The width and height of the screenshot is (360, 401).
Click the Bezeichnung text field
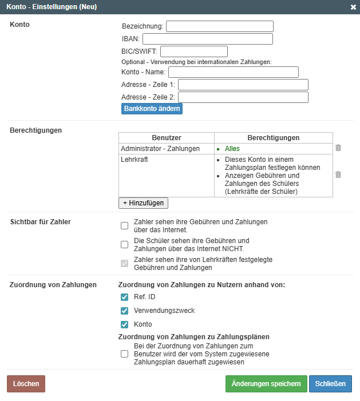pos(219,26)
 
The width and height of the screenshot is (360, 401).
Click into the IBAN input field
pos(207,39)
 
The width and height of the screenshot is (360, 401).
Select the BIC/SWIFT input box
pos(193,51)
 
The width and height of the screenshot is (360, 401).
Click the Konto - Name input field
pos(233,72)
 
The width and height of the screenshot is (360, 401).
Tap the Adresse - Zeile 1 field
pos(243,85)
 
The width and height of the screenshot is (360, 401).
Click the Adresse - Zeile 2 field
pos(243,97)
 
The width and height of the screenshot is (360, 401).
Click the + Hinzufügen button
pos(143,203)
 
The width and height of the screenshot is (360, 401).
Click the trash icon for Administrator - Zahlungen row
pos(338,148)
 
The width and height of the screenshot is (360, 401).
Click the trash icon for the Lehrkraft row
pos(338,174)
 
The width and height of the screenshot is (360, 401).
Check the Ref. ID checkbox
pos(124,297)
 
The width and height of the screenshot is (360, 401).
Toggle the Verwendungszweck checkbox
pos(124,311)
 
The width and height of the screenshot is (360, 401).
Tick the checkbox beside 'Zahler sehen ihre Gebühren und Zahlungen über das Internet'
pos(124,225)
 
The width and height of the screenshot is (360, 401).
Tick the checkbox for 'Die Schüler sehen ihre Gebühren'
pos(124,245)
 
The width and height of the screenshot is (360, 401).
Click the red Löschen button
pos(26,384)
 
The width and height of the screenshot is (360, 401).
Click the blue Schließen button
pos(330,384)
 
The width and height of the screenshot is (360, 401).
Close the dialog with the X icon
pos(353,7)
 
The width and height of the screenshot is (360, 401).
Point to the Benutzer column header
pos(167,138)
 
